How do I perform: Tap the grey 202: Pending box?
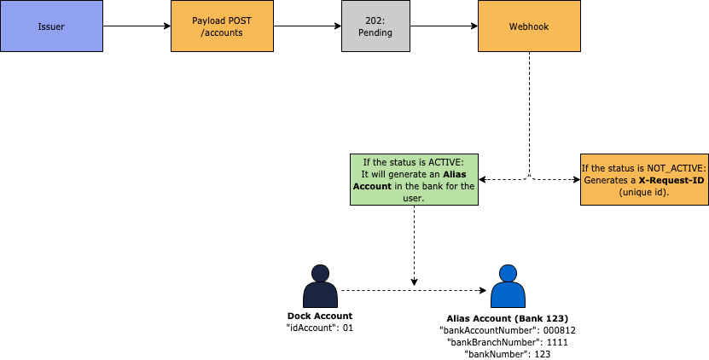[x=375, y=26]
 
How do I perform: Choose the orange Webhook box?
[x=529, y=26]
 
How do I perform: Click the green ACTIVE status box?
[x=414, y=179]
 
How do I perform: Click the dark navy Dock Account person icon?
[x=320, y=285]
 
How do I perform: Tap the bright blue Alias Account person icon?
[x=508, y=285]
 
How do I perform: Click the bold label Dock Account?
[x=320, y=316]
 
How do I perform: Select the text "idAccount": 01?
[x=320, y=328]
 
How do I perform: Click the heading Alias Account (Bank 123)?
[x=508, y=317]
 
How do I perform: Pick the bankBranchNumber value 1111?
[x=556, y=341]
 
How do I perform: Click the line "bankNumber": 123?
[x=508, y=353]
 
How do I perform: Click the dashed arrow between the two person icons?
[x=401, y=290]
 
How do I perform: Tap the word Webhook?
[x=529, y=26]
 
